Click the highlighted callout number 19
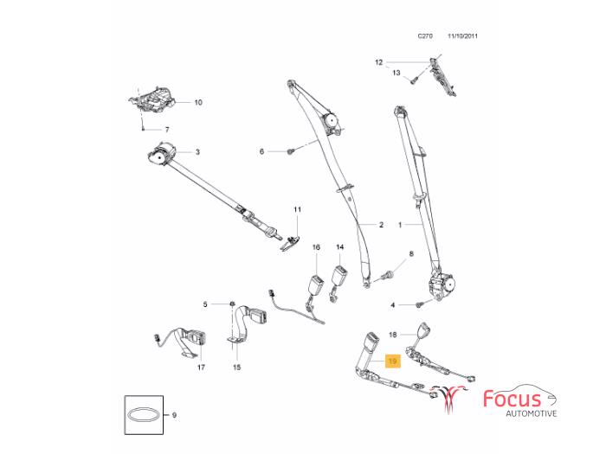point(392,361)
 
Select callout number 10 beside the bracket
point(197,102)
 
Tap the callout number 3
point(197,152)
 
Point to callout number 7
point(168,130)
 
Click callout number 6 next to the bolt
point(262,151)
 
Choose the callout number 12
point(378,62)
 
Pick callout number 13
point(396,74)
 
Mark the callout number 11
point(296,209)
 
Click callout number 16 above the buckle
point(316,247)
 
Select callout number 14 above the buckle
point(340,247)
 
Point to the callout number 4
point(393,304)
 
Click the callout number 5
point(206,304)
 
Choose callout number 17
point(201,368)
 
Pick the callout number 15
point(235,368)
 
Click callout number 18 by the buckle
point(392,333)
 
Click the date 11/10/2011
point(463,36)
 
